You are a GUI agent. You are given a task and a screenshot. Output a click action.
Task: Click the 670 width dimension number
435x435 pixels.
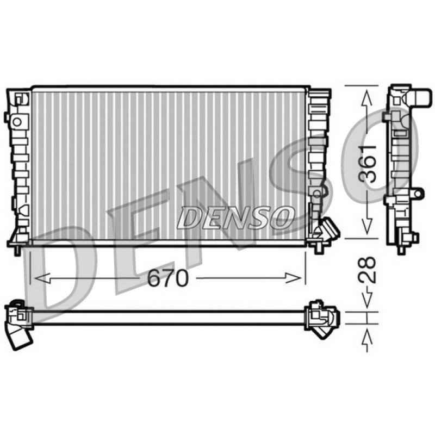point(167,278)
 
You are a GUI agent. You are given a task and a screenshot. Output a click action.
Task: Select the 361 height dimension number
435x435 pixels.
point(368,164)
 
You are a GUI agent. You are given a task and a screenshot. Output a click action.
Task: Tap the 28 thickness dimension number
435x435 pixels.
point(368,270)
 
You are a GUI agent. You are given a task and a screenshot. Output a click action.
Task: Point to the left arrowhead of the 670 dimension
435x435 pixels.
point(42,278)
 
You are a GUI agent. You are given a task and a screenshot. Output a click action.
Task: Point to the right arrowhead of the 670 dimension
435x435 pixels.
point(294,278)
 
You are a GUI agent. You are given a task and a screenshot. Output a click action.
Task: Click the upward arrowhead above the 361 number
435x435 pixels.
point(366,98)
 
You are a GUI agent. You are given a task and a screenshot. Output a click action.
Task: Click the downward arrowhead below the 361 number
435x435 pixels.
point(366,226)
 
